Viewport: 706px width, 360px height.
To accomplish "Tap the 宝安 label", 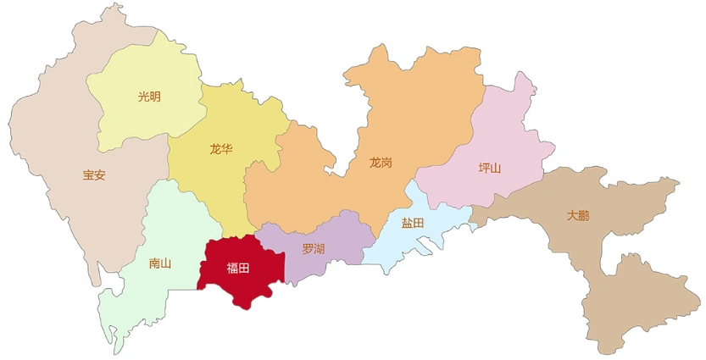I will tap(94, 175).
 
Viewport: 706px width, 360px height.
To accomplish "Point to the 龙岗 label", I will tap(381, 162).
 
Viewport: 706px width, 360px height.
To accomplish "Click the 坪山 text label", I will tap(489, 168).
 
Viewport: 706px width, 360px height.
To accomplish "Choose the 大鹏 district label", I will tap(578, 216).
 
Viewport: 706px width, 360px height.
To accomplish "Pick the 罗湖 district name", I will tap(313, 249).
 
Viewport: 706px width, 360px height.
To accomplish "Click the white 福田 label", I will tap(237, 269).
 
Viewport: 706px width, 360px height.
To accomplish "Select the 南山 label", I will tap(159, 263).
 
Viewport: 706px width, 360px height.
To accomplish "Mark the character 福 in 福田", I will tap(231, 269).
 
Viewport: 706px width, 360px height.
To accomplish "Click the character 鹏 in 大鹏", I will tap(584, 216).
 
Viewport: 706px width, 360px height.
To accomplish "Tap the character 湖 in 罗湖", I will tap(319, 249).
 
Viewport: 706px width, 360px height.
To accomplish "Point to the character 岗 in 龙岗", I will tap(386, 162).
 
